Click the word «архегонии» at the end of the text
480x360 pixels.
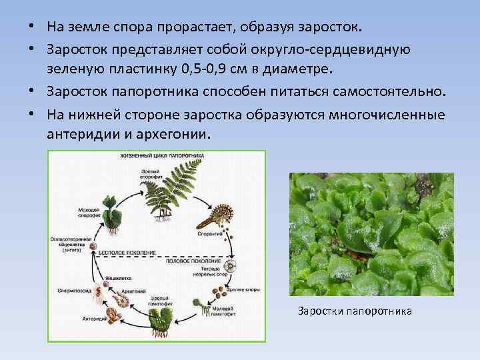click(178, 132)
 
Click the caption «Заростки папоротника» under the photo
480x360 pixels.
click(355, 311)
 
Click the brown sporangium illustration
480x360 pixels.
click(217, 215)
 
